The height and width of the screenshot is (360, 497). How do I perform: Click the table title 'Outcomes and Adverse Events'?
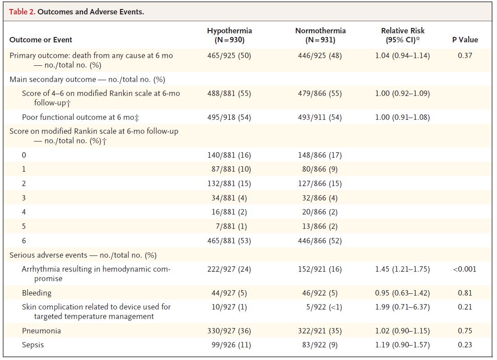tap(91, 12)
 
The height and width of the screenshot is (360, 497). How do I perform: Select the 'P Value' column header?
tap(465, 40)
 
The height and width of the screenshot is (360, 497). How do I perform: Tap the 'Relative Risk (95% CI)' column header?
tap(402, 35)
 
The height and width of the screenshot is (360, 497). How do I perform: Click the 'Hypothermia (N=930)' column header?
tap(229, 35)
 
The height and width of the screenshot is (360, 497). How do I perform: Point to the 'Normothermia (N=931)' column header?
tap(320, 35)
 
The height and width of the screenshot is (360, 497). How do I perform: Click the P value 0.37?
tap(465, 56)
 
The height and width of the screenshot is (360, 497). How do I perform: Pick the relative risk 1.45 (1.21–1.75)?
tap(402, 269)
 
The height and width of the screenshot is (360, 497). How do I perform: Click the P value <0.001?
tap(465, 269)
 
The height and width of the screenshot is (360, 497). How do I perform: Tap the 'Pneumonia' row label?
tap(41, 331)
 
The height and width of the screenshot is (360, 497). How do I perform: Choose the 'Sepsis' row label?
tap(33, 345)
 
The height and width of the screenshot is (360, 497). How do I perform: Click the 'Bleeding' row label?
tap(37, 293)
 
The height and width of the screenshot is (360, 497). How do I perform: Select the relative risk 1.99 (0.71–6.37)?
tap(402, 307)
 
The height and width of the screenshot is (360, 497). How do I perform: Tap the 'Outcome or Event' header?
tap(41, 40)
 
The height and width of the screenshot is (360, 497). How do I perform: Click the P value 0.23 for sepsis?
tap(465, 345)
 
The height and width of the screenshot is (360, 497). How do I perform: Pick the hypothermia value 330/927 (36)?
tap(229, 331)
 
